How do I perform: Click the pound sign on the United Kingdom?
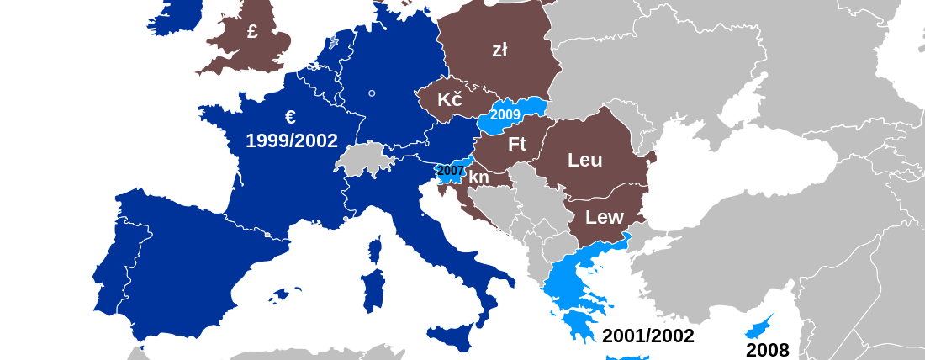(x=252, y=32)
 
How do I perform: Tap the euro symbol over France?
(x=290, y=117)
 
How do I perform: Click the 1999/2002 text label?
(x=292, y=140)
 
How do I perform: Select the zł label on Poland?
(x=499, y=50)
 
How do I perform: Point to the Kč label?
(x=450, y=100)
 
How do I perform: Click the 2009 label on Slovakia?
(x=505, y=114)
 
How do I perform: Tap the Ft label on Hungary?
(x=516, y=144)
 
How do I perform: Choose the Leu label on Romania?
(x=584, y=160)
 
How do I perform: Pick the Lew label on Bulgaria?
(x=604, y=217)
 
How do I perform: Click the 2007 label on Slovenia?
(x=451, y=171)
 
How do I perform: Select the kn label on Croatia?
(x=478, y=177)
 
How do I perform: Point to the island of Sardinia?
(x=372, y=289)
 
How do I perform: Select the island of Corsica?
(x=375, y=248)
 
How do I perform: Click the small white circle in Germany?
(x=371, y=93)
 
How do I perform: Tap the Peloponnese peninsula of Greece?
(x=578, y=324)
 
